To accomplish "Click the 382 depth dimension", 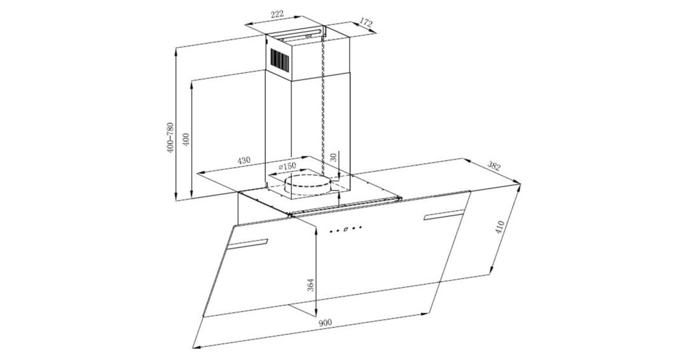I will (x=494, y=166).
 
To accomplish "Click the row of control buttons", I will (x=346, y=230).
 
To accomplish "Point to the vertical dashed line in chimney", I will (x=324, y=114).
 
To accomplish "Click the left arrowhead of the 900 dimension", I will (x=195, y=347).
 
